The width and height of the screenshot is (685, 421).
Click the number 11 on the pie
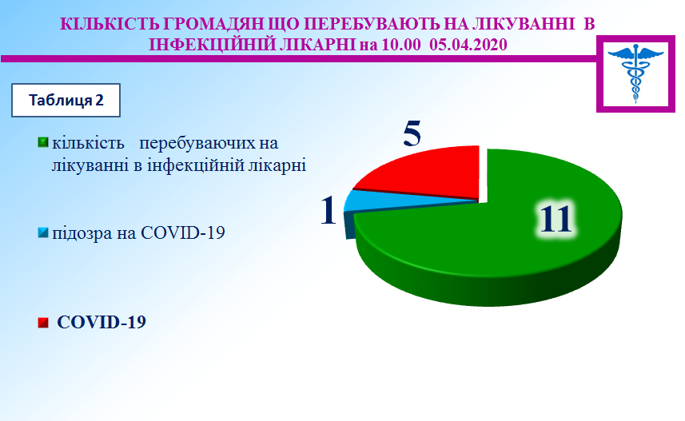click(556, 218)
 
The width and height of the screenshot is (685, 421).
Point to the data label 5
click(412, 133)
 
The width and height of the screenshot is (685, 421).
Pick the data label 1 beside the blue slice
click(329, 210)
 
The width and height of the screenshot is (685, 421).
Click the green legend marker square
click(43, 142)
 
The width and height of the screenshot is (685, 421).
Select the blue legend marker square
click(43, 232)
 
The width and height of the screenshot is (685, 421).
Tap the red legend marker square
click(43, 322)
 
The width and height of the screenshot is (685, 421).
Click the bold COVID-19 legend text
click(102, 322)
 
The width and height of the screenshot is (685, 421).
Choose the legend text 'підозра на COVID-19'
click(138, 233)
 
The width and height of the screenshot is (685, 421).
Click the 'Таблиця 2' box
click(66, 100)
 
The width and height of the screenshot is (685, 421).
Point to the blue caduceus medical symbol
click(635, 73)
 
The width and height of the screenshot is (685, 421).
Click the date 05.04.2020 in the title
click(468, 45)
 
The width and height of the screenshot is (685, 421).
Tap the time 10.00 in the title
click(401, 45)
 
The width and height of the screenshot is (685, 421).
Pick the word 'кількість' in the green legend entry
click(88, 143)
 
